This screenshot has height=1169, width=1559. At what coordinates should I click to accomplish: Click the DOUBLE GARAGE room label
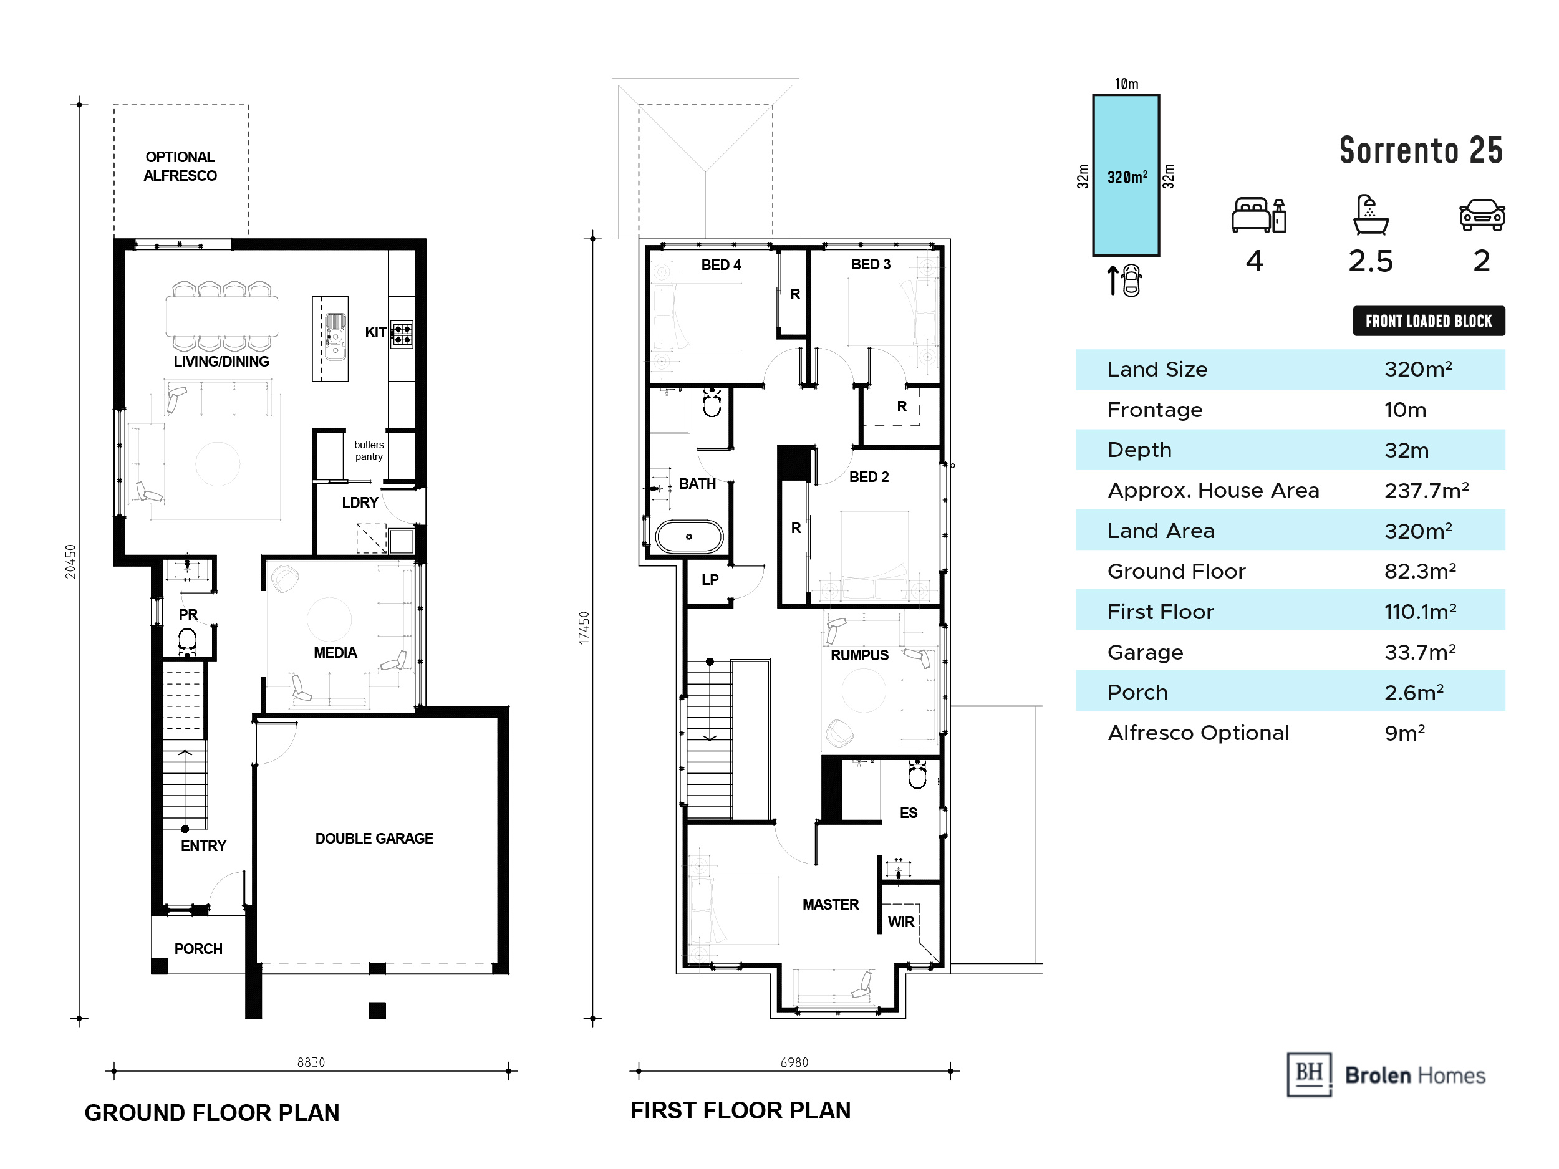coord(374,839)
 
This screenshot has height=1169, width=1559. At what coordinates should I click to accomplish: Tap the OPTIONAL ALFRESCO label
coord(180,166)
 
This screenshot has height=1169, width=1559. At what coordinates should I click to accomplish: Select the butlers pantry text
coord(369,451)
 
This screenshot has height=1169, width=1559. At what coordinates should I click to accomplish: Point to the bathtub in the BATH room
coord(689,536)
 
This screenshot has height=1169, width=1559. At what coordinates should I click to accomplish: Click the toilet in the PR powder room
coord(187,643)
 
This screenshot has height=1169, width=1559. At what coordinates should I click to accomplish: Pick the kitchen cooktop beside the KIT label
coord(402,335)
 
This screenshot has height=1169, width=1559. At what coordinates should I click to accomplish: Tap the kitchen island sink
coord(335,337)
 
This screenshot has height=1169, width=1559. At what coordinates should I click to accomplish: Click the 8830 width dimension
coord(311,1062)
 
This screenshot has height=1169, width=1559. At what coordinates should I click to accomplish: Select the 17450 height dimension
coord(584,627)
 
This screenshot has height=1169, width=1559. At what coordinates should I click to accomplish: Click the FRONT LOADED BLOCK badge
coord(1429,321)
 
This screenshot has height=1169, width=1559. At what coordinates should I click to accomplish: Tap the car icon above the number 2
coord(1482,215)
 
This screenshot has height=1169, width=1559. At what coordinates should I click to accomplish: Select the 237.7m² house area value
coord(1426,491)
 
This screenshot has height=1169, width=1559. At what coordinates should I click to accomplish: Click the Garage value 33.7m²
coord(1420,652)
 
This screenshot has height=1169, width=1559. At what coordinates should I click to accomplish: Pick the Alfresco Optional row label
coord(1198,733)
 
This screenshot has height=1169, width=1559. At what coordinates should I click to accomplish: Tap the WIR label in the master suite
coord(900,922)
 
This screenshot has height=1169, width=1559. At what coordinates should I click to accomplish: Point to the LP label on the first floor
coord(710,580)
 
